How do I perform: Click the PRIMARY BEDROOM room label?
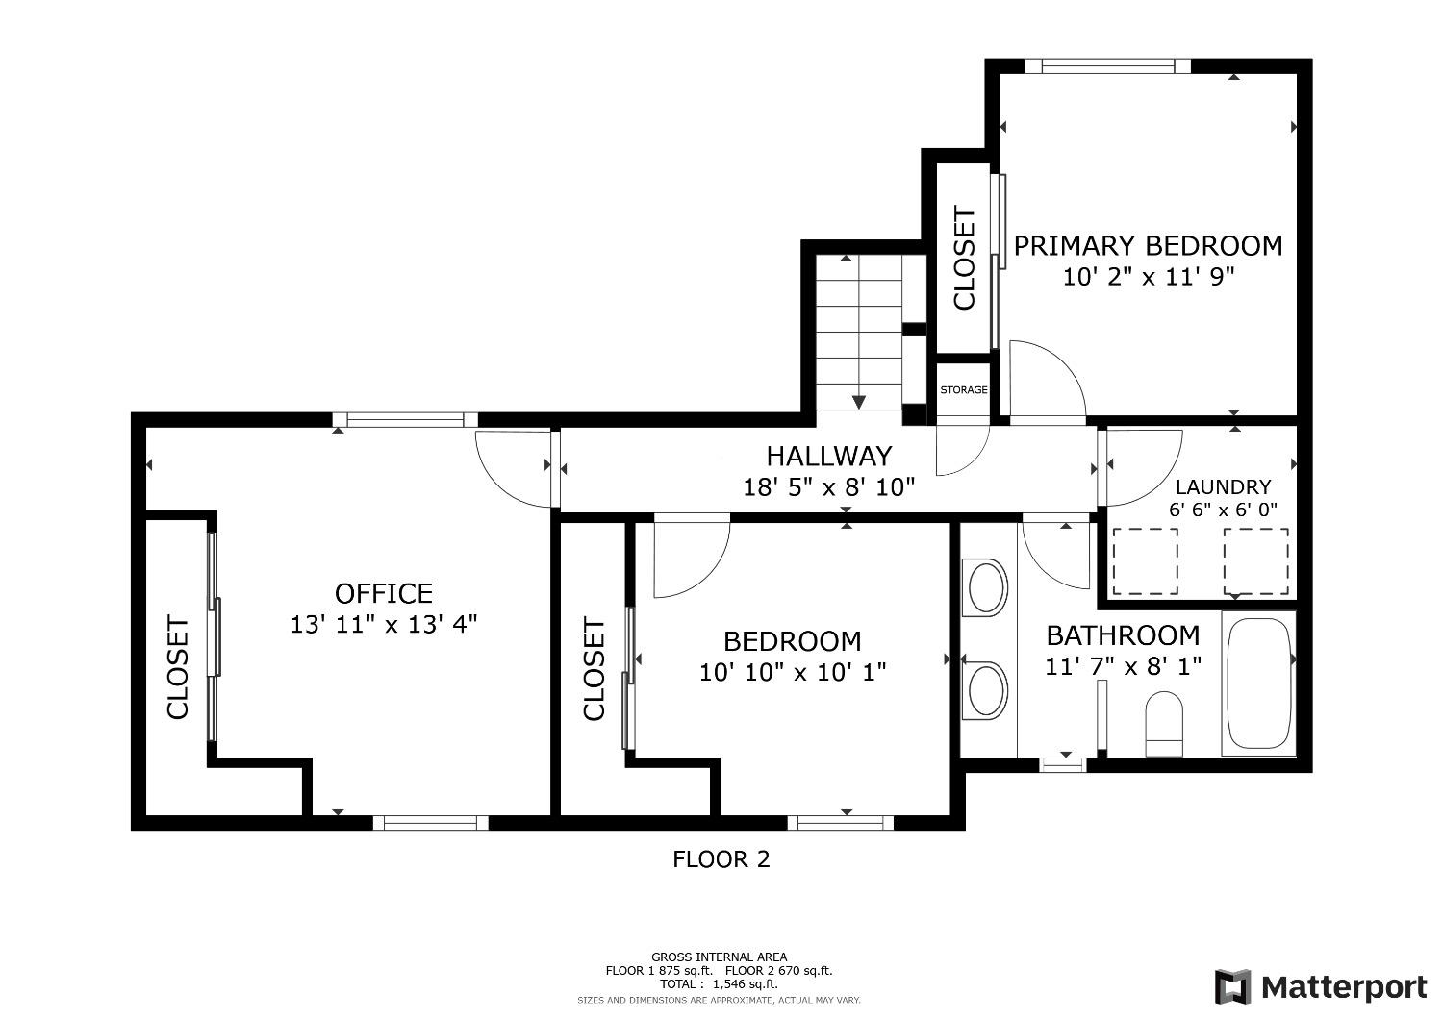1148,246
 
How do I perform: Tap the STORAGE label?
964,390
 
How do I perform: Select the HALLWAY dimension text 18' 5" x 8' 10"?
829,487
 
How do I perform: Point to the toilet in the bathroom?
1164,724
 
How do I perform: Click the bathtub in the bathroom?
1258,683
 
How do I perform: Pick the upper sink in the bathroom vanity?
985,587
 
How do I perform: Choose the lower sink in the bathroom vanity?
985,691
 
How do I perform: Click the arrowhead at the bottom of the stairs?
859,402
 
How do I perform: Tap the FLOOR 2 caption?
721,859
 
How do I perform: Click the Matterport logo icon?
1233,987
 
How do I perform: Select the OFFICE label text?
384,593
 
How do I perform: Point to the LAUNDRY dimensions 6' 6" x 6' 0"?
1224,509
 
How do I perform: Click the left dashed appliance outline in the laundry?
1146,561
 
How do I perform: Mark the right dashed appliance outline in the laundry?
1256,561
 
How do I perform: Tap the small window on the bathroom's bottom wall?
1063,765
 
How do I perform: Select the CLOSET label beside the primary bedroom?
964,258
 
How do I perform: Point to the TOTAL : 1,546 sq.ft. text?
719,984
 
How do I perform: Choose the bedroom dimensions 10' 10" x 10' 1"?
793,673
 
